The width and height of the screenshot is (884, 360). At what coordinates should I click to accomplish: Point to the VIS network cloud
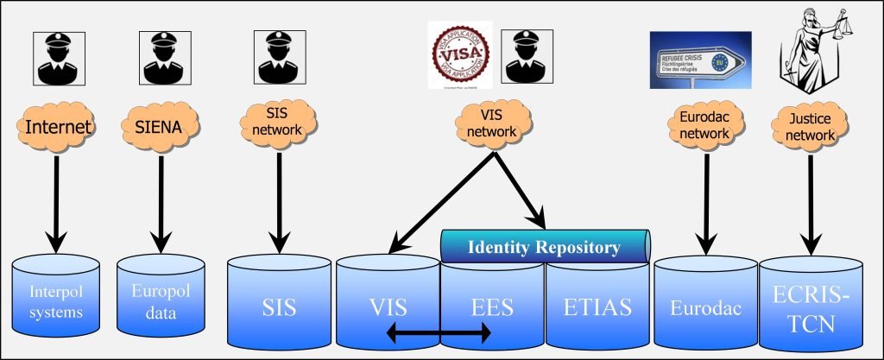(489, 126)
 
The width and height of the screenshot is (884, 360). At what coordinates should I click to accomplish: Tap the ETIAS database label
(597, 306)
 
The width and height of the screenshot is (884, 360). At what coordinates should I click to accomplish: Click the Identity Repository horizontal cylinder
(544, 248)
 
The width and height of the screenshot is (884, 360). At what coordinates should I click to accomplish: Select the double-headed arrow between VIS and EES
(439, 332)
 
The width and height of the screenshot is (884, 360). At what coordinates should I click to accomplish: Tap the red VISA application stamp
(459, 54)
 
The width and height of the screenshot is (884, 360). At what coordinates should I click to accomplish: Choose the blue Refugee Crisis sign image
(700, 60)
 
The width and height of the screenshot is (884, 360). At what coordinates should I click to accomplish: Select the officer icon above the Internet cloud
(57, 58)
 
